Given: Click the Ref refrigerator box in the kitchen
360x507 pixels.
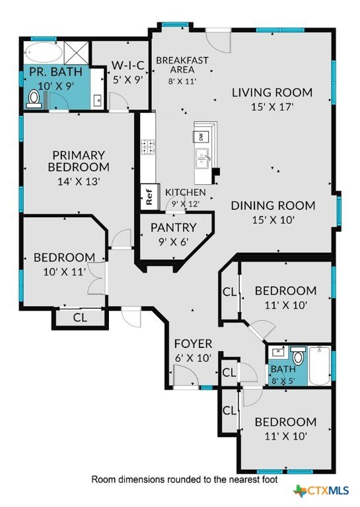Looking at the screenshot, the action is click(x=149, y=197).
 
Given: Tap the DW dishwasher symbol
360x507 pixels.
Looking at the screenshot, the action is click(x=201, y=137).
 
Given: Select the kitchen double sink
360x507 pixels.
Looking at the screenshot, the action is click(x=203, y=159).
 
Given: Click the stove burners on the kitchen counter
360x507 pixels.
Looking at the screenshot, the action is click(x=148, y=146).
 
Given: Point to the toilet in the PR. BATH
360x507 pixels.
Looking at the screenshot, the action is click(x=33, y=98).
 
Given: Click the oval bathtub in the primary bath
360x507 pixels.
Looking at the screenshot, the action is click(x=44, y=53).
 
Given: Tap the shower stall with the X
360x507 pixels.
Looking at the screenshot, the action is click(x=77, y=53).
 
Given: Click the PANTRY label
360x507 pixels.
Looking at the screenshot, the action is click(x=174, y=227).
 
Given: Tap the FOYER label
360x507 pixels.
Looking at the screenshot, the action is click(x=193, y=344).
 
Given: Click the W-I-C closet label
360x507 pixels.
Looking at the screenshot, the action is click(x=127, y=65).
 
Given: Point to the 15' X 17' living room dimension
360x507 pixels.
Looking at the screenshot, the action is click(x=272, y=107).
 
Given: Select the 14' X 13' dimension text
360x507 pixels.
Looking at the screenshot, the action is click(x=78, y=181).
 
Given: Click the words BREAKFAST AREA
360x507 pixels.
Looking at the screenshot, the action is click(x=182, y=65).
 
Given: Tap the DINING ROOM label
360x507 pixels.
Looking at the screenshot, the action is click(x=273, y=206).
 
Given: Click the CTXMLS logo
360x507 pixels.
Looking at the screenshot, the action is click(x=321, y=490).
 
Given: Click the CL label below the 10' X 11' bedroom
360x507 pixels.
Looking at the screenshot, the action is click(x=80, y=318).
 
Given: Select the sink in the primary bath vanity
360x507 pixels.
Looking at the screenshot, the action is click(x=97, y=100).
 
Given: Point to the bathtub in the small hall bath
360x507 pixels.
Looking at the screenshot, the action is click(x=319, y=366).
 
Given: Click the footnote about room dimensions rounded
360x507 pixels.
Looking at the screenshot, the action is click(x=184, y=479).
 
